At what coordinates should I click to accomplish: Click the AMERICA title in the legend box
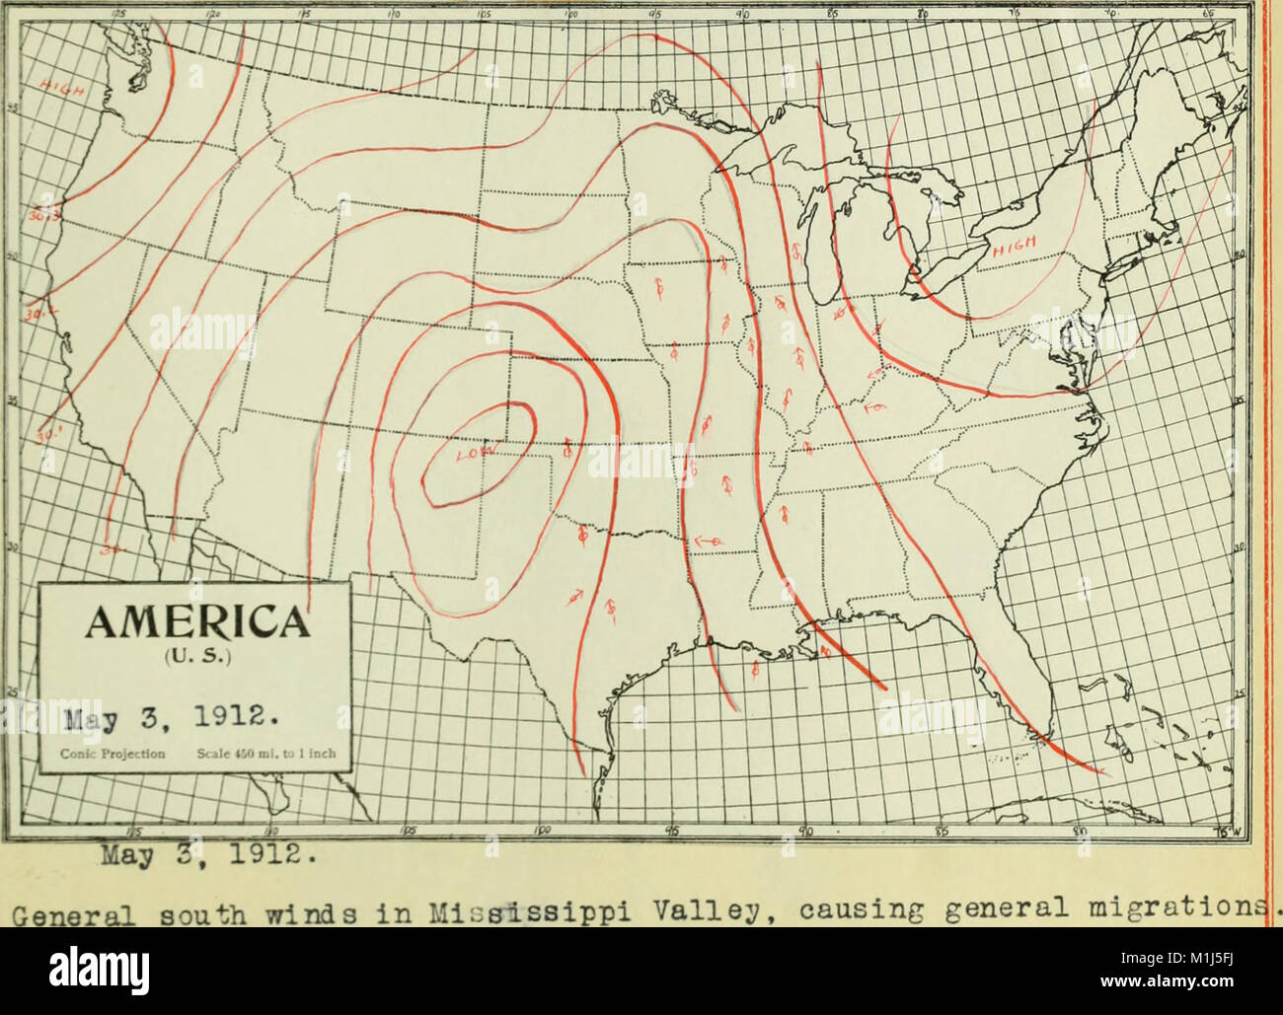pyautogui.click(x=194, y=623)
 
